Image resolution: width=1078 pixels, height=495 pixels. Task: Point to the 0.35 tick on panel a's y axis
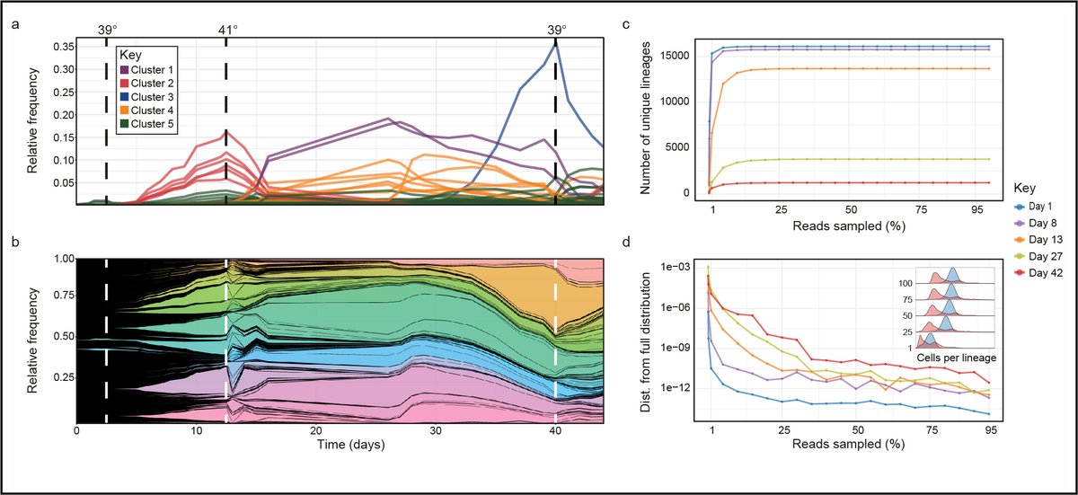(62, 47)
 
